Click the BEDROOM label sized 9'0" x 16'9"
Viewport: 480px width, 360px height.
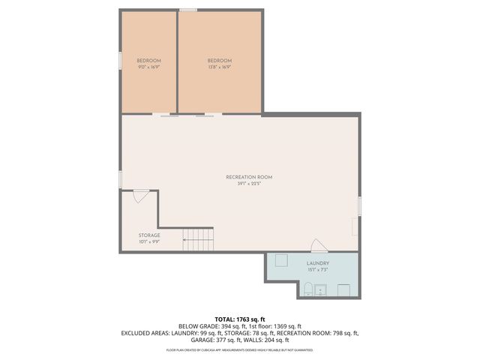[x=148, y=64]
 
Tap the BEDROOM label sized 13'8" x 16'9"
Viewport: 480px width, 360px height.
[x=220, y=64]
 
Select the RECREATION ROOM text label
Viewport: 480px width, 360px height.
[x=249, y=177]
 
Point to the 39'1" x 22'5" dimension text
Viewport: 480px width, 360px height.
[x=249, y=184]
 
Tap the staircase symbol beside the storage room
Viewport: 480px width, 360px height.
[x=199, y=241]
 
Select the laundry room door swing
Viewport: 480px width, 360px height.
[x=319, y=246]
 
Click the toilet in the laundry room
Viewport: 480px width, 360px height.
[x=307, y=289]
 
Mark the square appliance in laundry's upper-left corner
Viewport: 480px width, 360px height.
[x=282, y=260]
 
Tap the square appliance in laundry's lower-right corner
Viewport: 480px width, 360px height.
[x=343, y=290]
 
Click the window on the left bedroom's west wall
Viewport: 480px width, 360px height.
[x=119, y=61]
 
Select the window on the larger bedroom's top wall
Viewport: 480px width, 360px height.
[x=188, y=10]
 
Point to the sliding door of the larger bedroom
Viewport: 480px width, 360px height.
[x=208, y=115]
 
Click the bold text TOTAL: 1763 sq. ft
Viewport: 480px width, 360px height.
[x=239, y=319]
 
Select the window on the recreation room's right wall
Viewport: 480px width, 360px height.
[x=360, y=205]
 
